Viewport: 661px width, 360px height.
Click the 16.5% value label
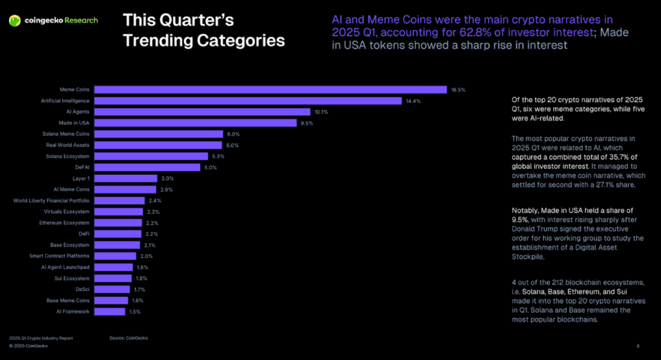pos(458,90)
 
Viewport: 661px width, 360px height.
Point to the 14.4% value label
pos(413,101)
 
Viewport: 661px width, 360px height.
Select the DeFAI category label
pos(82,167)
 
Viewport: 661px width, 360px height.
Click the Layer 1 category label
pos(81,178)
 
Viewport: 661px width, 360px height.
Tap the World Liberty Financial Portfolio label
pos(52,201)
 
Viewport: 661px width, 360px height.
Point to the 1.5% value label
pos(134,312)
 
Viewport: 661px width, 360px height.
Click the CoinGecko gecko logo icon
pos(14,21)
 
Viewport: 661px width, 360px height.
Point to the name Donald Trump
pos(540,228)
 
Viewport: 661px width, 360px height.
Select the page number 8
pos(638,345)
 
